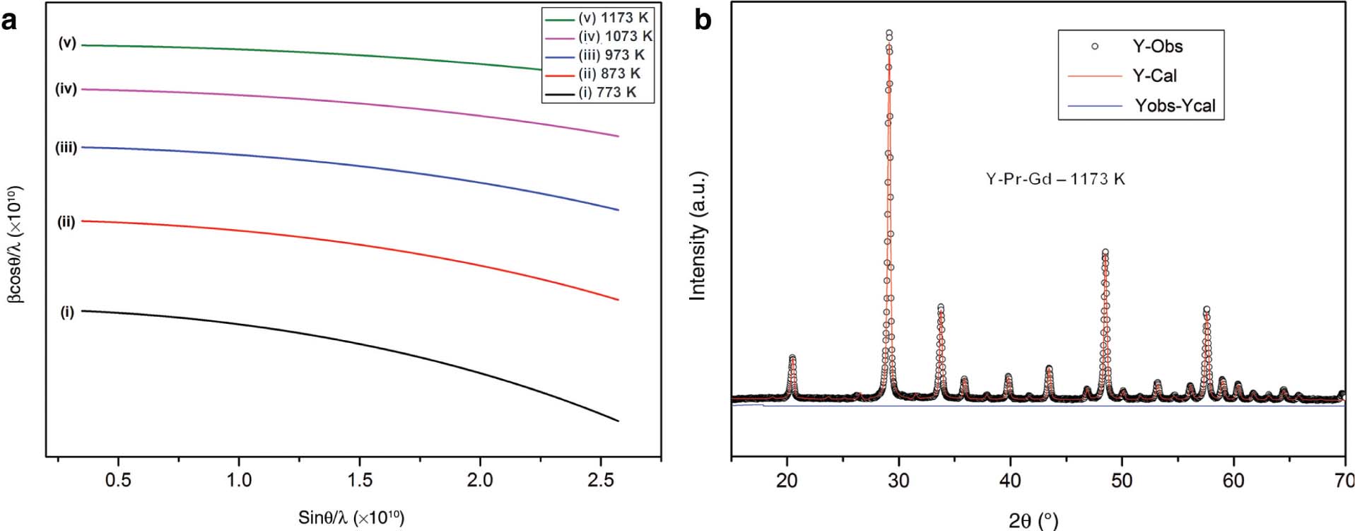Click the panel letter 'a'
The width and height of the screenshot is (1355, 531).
[9, 21]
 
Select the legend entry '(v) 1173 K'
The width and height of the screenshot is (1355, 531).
[612, 18]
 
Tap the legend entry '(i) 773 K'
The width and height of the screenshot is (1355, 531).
[607, 93]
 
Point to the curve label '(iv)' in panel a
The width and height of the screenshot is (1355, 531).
[66, 89]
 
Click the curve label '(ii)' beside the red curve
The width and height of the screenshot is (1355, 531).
[66, 222]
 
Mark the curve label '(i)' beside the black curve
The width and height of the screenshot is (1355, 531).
[66, 312]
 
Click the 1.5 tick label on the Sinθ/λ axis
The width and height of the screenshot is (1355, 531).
[359, 480]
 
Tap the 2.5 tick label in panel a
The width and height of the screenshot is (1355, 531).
[600, 480]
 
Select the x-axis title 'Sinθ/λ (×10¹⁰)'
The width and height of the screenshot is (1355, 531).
[351, 518]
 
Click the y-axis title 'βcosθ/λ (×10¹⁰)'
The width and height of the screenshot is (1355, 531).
[14, 245]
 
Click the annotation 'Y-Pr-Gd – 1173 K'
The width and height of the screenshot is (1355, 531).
[1055, 179]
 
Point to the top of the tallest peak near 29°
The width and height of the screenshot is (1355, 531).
[888, 33]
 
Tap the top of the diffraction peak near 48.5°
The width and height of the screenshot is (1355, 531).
[1105, 252]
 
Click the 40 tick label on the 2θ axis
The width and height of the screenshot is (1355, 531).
[1010, 481]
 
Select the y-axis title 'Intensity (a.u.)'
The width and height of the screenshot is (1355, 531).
[698, 235]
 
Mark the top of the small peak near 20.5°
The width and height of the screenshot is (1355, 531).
[792, 358]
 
